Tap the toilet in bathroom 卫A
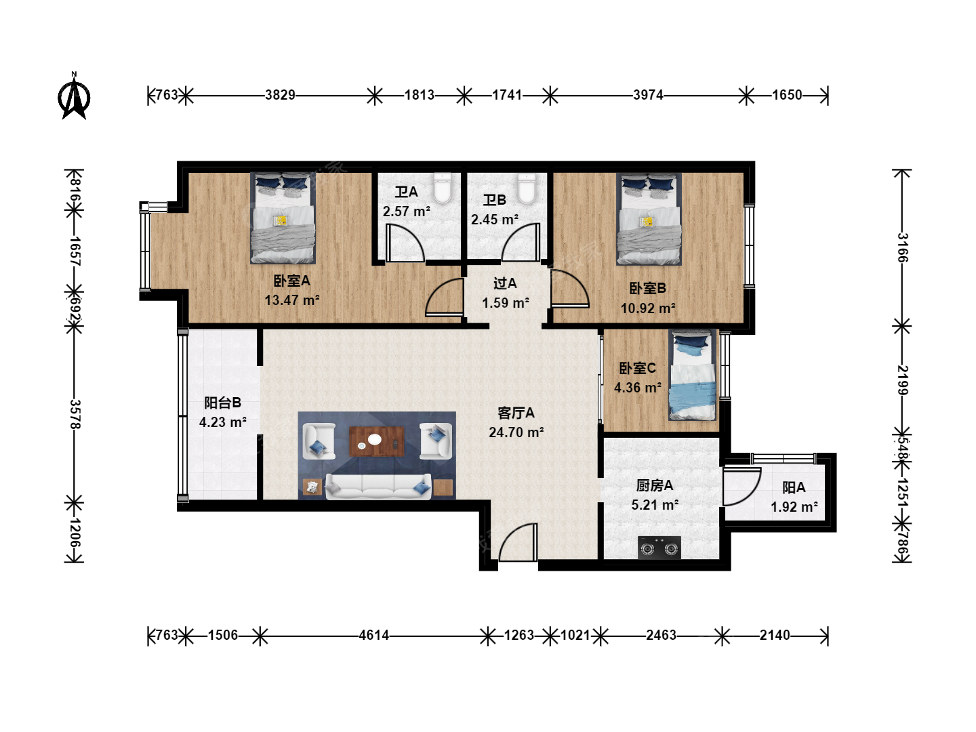click(443, 188)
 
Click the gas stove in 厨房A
click(659, 548)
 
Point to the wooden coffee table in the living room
click(377, 441)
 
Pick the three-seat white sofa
click(378, 486)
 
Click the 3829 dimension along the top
click(280, 95)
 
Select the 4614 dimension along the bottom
click(374, 635)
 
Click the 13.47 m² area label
click(292, 300)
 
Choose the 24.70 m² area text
click(516, 432)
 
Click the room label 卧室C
click(638, 368)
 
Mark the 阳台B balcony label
click(222, 403)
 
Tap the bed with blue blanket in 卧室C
click(692, 375)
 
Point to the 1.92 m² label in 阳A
click(794, 507)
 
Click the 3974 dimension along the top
click(648, 95)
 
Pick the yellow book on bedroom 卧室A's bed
click(281, 220)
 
